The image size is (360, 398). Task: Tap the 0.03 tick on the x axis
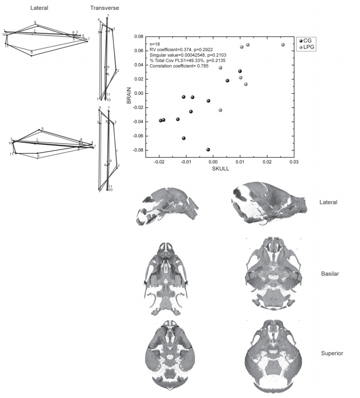(294, 162)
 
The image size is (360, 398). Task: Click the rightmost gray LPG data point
(283, 45)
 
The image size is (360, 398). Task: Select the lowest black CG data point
(208, 150)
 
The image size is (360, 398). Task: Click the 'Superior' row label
(332, 354)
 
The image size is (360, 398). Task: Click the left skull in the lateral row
(166, 205)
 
